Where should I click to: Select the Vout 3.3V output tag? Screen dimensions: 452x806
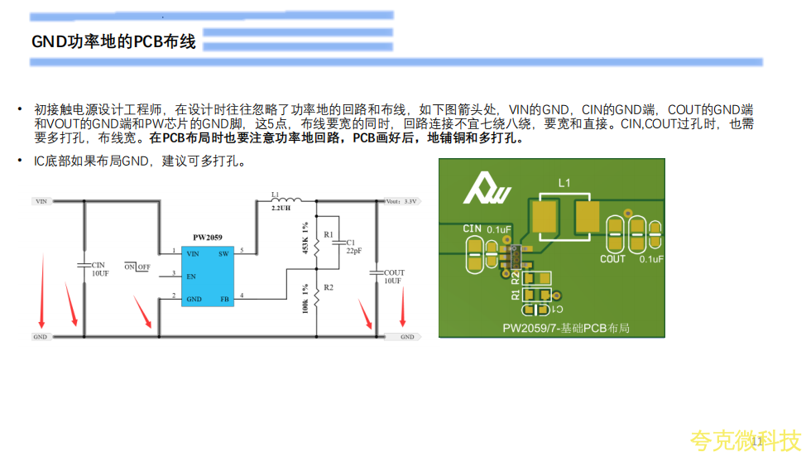click(402, 200)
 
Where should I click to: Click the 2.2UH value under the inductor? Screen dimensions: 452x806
click(281, 209)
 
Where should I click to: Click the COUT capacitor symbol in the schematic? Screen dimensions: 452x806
click(377, 271)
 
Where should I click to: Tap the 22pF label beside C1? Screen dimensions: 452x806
click(354, 249)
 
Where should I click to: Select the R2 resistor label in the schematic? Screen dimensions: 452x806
click(328, 286)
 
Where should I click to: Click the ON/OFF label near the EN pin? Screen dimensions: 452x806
click(137, 267)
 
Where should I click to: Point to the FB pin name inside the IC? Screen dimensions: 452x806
click(223, 299)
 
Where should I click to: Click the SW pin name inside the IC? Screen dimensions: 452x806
click(223, 254)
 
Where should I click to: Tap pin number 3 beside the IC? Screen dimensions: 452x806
click(173, 273)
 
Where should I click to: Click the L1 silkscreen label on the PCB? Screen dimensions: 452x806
click(564, 181)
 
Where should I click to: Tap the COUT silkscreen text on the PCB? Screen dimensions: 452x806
click(612, 259)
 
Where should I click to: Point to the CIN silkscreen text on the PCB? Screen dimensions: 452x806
click(472, 228)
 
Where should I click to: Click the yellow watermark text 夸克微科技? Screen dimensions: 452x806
click(745, 439)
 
